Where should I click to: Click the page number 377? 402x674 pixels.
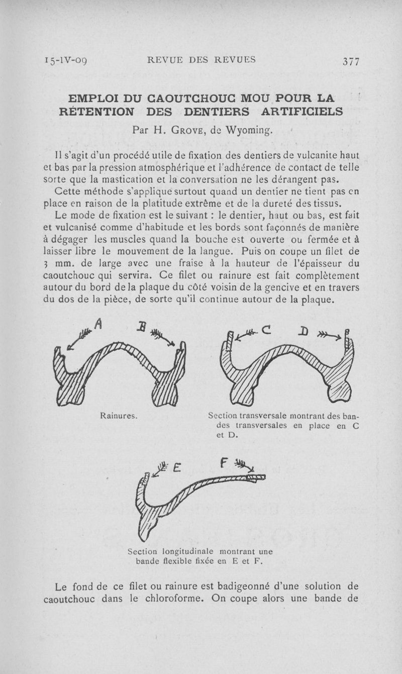click(x=350, y=61)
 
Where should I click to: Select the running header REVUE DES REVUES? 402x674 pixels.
click(x=201, y=60)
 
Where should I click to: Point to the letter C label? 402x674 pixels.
click(x=266, y=330)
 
